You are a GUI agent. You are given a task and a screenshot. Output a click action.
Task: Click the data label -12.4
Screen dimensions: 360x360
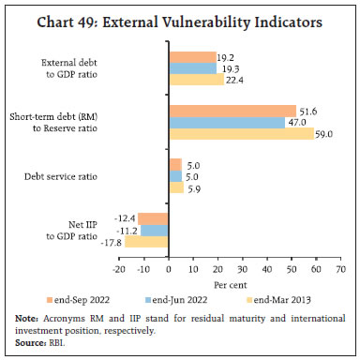tap(127, 218)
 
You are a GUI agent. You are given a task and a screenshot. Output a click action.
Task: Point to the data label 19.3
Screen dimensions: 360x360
tap(226, 68)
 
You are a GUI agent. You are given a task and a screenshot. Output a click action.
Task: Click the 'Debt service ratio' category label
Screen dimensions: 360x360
tap(79, 176)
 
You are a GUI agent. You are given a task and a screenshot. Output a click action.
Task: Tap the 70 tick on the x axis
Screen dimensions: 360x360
tap(339, 265)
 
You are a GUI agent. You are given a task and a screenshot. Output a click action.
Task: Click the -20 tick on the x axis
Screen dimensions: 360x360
tap(119, 265)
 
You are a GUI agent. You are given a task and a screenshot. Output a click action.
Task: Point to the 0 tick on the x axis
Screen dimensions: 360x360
tap(168, 265)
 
